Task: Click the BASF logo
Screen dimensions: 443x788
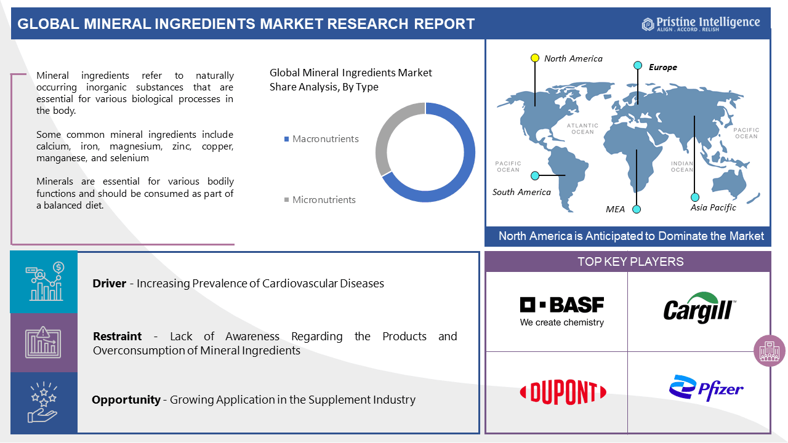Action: coord(561,311)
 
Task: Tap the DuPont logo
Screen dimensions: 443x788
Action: coord(563,393)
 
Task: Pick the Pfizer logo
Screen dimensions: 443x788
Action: coord(706,389)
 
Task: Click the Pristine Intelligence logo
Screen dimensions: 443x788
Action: coord(701,23)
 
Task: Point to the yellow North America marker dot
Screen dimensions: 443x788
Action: coord(535,58)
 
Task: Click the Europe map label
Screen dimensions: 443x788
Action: coord(662,67)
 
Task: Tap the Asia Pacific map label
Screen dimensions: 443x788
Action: coord(713,207)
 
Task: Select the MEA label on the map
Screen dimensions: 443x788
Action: coord(615,209)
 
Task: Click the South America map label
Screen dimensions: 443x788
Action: coord(521,192)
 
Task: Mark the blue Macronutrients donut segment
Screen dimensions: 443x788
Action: coord(462,166)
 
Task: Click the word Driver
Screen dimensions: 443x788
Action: coord(110,284)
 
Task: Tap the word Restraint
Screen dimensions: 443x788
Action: coord(117,337)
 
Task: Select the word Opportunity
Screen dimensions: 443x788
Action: coord(126,400)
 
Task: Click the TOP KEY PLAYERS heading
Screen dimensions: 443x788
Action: coord(630,262)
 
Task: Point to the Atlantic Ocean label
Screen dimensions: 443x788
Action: coord(582,129)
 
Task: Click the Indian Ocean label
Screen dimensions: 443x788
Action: coord(682,167)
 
